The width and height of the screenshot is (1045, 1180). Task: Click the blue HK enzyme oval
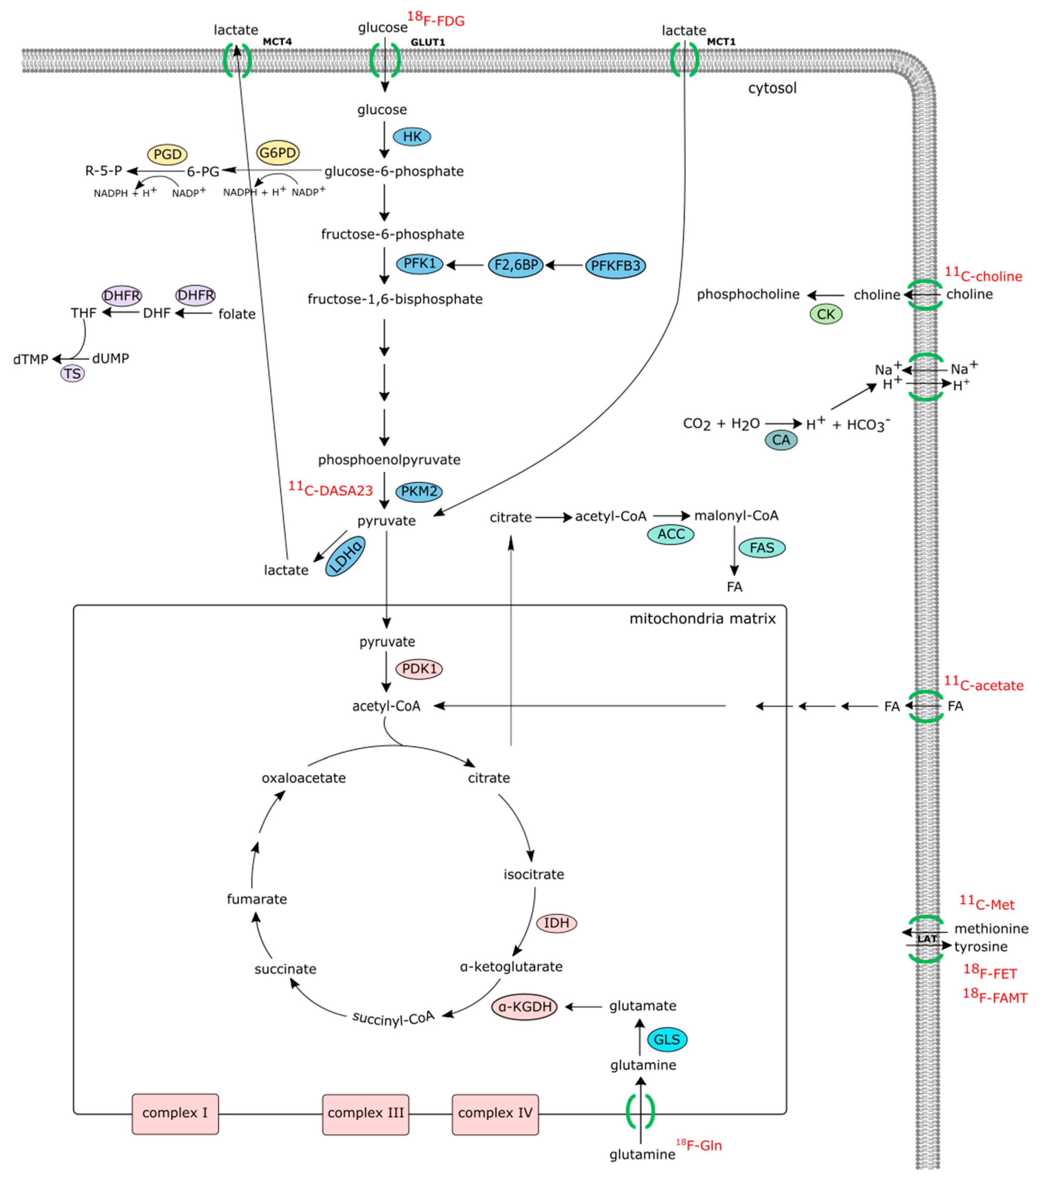(412, 137)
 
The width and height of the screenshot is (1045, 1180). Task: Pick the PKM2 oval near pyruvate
(419, 492)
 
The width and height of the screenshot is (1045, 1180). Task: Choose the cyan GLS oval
(667, 1039)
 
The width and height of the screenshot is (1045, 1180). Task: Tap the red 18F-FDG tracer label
(436, 19)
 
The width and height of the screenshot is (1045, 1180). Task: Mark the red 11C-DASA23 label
(331, 488)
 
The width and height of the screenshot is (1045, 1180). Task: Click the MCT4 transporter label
(277, 41)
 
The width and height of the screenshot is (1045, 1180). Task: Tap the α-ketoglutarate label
(511, 966)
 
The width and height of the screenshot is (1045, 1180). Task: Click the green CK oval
(826, 314)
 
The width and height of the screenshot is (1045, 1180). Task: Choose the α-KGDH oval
(524, 1007)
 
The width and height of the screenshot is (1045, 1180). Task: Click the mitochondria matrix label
(703, 619)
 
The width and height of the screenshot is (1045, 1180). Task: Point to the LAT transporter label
(927, 939)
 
